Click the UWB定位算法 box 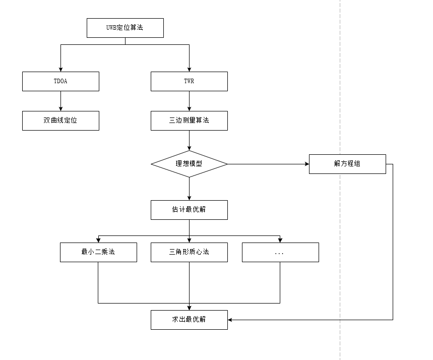tap(125, 28)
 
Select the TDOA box tap(60, 81)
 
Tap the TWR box tap(189, 81)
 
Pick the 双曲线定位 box tap(60, 121)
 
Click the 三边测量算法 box tap(189, 121)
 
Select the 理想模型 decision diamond tap(189, 164)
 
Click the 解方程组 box tap(347, 164)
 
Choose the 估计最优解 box tap(189, 210)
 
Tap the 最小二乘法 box tap(98, 252)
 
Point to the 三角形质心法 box tap(189, 252)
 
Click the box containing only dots tap(280, 252)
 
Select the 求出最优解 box tap(189, 320)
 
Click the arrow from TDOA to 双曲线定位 tap(60, 101)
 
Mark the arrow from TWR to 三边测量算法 tap(189, 101)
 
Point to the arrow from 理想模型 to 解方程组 tap(267, 164)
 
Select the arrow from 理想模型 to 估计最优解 tap(189, 189)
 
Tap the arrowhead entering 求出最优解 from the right tap(230, 320)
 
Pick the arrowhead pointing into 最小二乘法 tap(98, 240)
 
